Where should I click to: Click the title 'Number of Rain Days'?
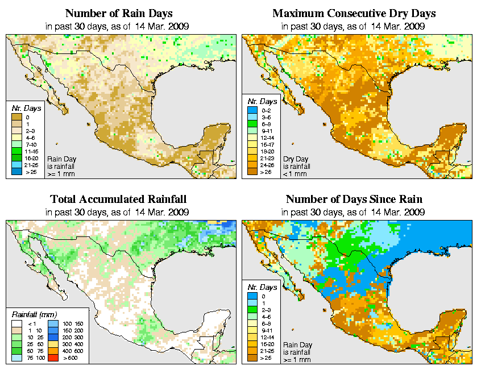pyautogui.click(x=118, y=13)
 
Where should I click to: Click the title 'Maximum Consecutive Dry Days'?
pyautogui.click(x=354, y=13)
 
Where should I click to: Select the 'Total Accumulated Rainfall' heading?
pyautogui.click(x=118, y=200)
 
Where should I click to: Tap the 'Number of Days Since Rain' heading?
pyautogui.click(x=354, y=200)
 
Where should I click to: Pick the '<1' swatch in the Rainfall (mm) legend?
pyautogui.click(x=16, y=323)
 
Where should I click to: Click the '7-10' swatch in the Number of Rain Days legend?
pyautogui.click(x=16, y=145)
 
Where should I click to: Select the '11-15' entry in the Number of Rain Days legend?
pyautogui.click(x=16, y=152)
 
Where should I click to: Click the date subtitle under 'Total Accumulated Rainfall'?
pyautogui.click(x=118, y=212)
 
